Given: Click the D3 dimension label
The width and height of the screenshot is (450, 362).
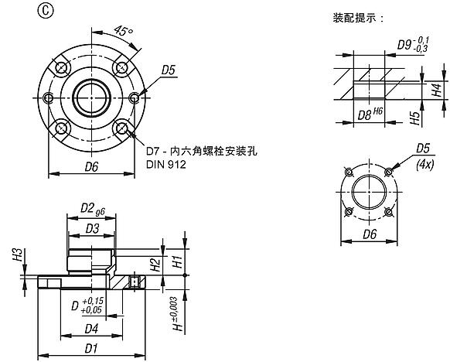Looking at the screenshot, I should [92, 227].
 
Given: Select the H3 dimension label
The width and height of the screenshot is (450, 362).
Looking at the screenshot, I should [16, 256].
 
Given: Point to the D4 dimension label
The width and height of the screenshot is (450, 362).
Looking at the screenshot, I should [90, 330].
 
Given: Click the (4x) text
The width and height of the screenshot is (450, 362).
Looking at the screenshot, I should [423, 164].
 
